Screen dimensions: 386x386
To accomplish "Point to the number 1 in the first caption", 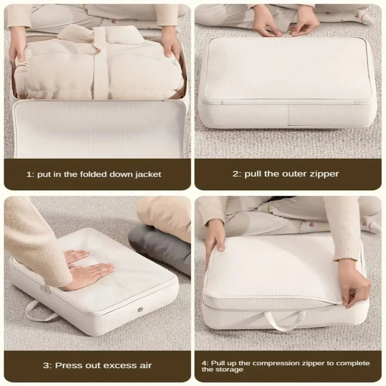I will [x=29, y=175].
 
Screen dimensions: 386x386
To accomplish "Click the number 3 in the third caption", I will [x=45, y=365].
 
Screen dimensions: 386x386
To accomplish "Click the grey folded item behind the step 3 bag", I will [x=160, y=245].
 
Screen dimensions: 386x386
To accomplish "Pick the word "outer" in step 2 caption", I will [x=287, y=174].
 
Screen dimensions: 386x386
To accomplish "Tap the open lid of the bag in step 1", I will [x=99, y=128].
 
